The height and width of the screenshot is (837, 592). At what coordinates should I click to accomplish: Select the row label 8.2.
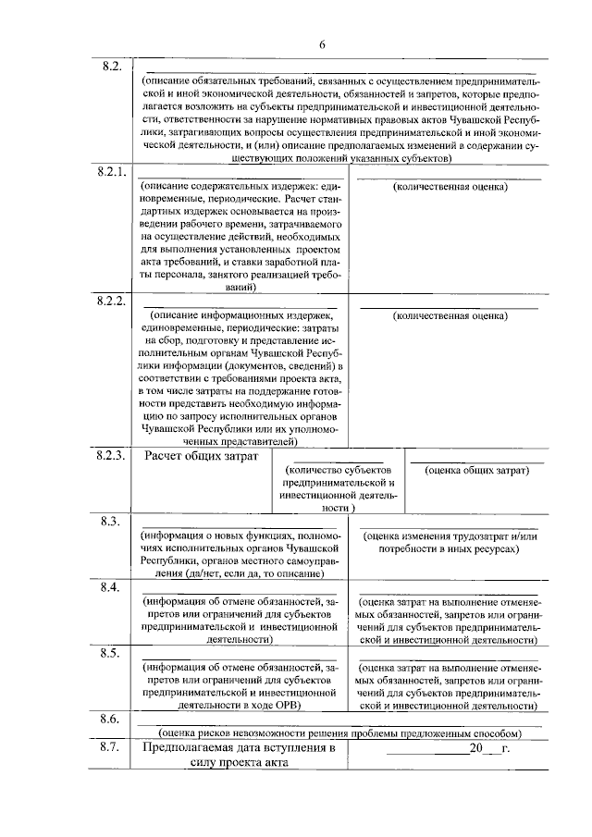[x=111, y=67]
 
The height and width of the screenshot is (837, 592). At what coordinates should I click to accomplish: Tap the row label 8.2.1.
[x=111, y=174]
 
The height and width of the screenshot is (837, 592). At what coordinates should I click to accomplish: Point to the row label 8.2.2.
[x=111, y=302]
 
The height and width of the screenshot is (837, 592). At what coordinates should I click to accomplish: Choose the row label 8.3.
[x=111, y=522]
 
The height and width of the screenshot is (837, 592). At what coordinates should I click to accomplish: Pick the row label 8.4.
[x=111, y=587]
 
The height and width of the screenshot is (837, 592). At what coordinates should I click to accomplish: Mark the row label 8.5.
[x=111, y=653]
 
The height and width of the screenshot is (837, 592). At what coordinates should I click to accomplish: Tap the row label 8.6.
[x=111, y=719]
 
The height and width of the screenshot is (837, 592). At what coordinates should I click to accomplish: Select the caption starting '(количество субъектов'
[x=340, y=471]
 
